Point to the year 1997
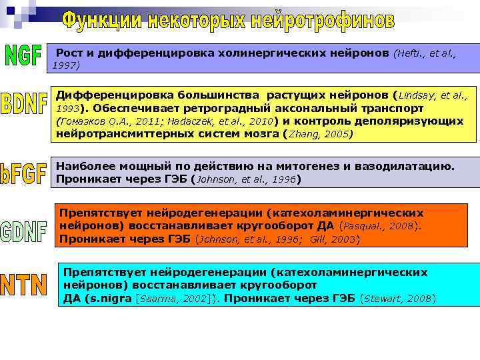65,65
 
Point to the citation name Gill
320,239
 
